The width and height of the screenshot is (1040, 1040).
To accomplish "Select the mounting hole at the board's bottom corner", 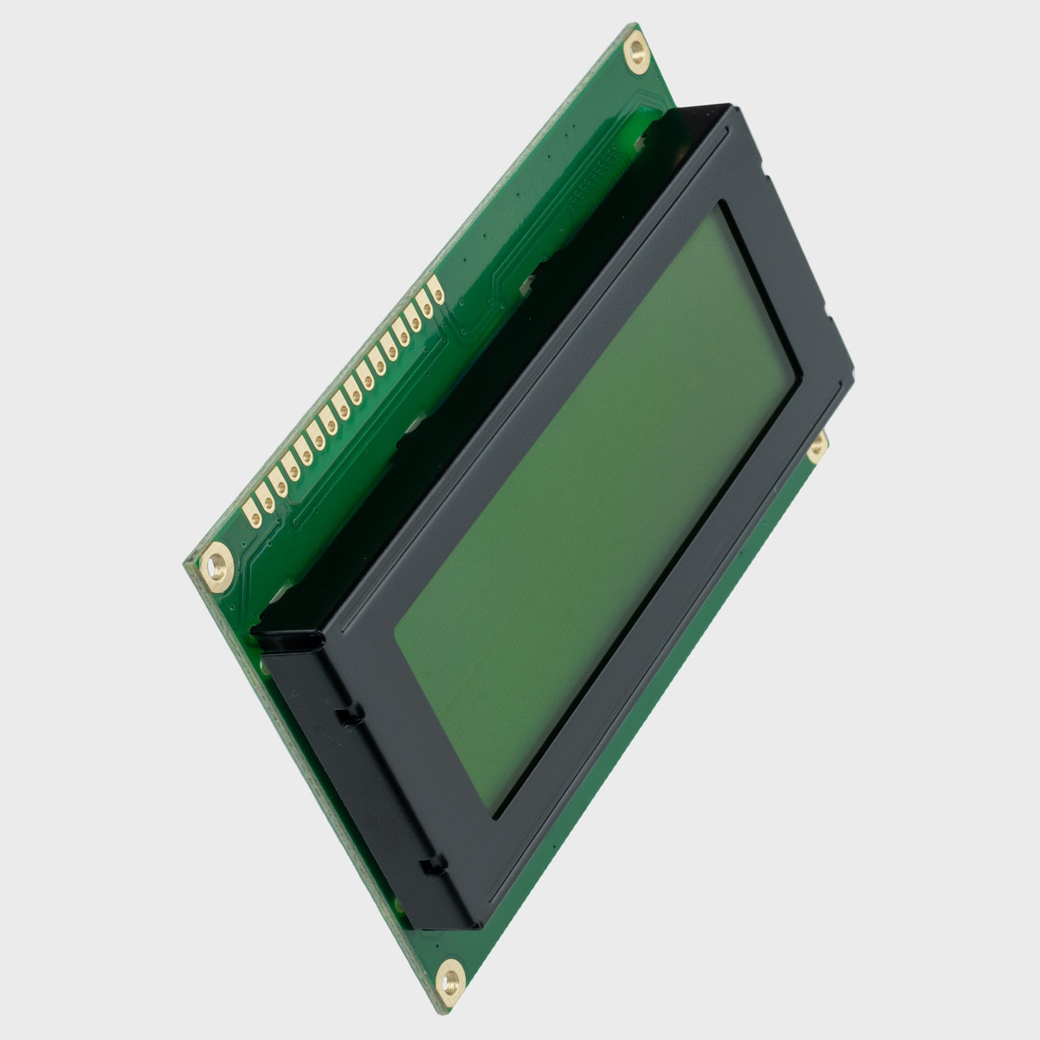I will pyautogui.click(x=449, y=977).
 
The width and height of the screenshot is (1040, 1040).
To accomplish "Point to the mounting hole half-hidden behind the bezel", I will pyautogui.click(x=817, y=445).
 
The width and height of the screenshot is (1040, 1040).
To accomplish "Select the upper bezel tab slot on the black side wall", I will pyautogui.click(x=349, y=716).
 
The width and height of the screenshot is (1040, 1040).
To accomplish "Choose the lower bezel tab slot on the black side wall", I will pyautogui.click(x=435, y=866).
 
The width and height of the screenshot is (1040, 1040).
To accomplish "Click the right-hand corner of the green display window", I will pyautogui.click(x=800, y=375).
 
